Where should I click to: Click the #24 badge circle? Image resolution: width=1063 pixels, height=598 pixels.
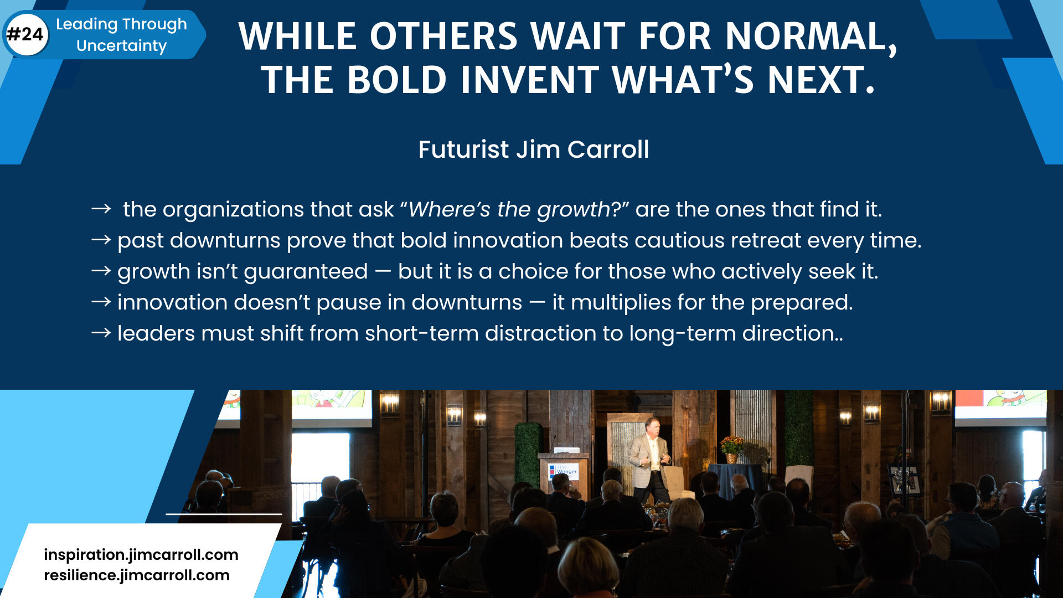coord(26,34)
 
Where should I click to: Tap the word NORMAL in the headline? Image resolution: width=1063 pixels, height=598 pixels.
coord(811,37)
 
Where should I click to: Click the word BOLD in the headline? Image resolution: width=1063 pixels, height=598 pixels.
coord(397,80)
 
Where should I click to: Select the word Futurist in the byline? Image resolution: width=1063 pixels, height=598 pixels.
coord(463,149)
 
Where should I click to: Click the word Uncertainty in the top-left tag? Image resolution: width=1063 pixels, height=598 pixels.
coord(121,46)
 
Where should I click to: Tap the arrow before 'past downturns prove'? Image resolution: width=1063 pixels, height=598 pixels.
coord(101,240)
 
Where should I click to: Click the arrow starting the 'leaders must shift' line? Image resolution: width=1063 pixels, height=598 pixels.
coord(101,333)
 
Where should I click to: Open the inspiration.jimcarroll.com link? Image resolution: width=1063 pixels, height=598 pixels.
coord(141,555)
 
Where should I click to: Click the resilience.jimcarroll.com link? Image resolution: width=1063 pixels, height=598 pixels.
coord(137,575)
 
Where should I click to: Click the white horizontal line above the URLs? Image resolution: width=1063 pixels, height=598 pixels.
coord(224,514)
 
